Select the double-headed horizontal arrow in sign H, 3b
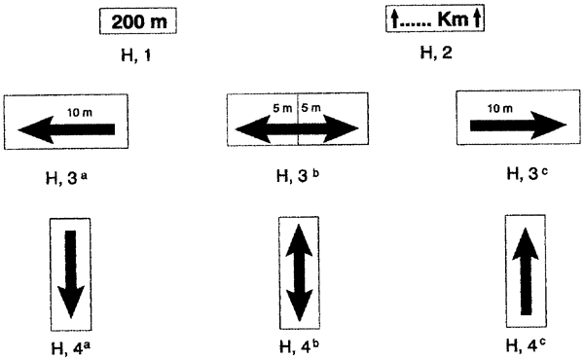click(x=298, y=127)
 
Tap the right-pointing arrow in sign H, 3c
click(x=517, y=125)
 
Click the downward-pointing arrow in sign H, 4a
click(x=70, y=271)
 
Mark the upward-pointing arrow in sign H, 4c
click(x=526, y=271)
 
